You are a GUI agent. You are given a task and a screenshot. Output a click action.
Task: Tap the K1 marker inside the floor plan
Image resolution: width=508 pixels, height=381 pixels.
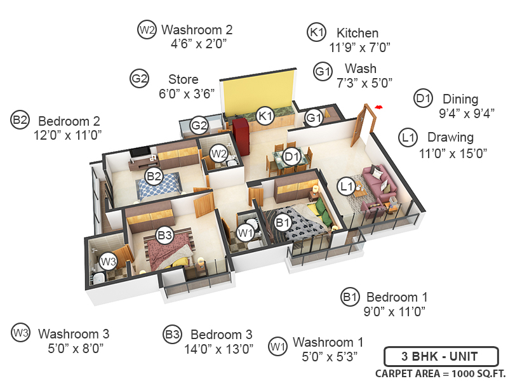(265, 116)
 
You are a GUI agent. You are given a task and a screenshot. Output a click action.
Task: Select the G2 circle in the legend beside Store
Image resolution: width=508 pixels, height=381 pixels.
(140, 79)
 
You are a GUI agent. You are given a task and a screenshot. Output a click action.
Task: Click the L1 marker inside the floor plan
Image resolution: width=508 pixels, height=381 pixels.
(346, 186)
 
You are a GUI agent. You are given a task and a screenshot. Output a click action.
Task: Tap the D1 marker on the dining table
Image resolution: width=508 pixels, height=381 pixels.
(291, 156)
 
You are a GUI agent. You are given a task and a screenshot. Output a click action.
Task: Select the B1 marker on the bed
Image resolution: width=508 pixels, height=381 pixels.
(284, 222)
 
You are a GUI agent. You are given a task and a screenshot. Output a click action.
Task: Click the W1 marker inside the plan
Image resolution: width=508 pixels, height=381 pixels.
(246, 233)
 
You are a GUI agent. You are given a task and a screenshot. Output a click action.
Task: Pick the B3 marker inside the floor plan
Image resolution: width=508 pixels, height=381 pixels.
(165, 236)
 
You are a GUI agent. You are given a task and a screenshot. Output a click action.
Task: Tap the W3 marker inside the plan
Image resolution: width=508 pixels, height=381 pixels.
(107, 260)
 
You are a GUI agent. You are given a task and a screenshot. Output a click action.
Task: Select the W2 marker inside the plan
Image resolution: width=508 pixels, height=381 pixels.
(219, 153)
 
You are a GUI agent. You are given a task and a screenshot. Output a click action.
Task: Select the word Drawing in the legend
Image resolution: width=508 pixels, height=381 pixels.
(450, 137)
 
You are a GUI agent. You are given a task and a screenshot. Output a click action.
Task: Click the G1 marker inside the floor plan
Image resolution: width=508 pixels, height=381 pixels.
(314, 118)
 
